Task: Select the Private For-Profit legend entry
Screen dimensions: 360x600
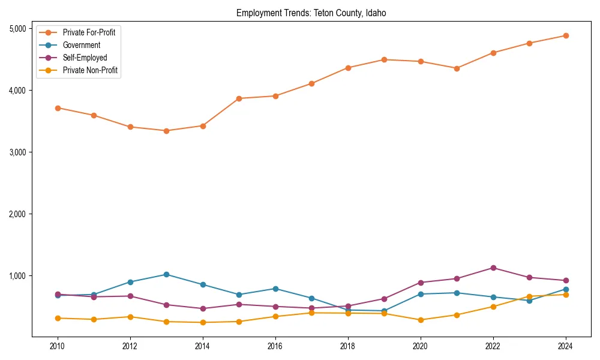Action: (x=89, y=32)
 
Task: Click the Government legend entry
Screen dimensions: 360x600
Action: (x=81, y=45)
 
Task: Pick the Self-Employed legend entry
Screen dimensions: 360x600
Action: (x=85, y=58)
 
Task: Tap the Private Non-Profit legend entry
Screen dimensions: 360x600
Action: (x=90, y=71)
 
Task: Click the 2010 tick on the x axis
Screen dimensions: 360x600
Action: (x=58, y=346)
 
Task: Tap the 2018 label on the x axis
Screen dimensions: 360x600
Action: (x=347, y=346)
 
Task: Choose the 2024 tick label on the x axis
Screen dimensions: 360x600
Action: (x=565, y=346)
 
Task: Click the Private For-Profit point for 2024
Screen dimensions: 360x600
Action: (x=565, y=35)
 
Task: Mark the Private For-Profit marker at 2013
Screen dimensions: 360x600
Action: (x=166, y=131)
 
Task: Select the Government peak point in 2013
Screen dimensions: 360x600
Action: (x=166, y=274)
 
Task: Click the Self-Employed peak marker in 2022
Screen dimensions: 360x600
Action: (x=493, y=268)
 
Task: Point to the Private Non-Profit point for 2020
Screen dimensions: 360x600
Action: (x=421, y=320)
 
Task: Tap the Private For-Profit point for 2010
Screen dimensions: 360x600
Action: (x=58, y=108)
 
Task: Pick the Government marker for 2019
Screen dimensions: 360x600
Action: (x=384, y=311)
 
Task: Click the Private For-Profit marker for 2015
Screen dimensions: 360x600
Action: (x=239, y=98)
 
